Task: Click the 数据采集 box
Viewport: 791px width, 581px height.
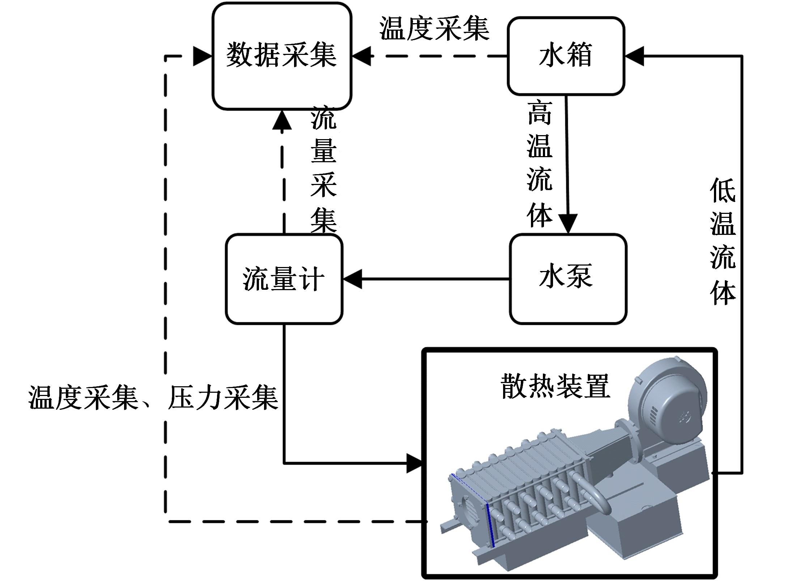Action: pyautogui.click(x=282, y=56)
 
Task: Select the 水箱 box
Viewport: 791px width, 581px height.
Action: pyautogui.click(x=566, y=56)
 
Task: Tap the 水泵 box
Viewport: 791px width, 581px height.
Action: pyautogui.click(x=568, y=279)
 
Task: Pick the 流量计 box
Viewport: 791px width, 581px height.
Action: pyautogui.click(x=284, y=279)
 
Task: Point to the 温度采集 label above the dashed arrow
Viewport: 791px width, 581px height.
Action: pyautogui.click(x=434, y=29)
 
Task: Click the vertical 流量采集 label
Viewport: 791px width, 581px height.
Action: pyautogui.click(x=324, y=169)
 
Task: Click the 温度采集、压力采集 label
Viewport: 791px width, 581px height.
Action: pyautogui.click(x=153, y=398)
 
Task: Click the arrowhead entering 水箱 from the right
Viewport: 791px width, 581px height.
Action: pyautogui.click(x=634, y=56)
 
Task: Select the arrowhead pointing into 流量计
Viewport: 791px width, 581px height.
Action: pyautogui.click(x=352, y=279)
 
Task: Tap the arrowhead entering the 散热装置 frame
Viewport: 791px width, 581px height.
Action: pyautogui.click(x=414, y=463)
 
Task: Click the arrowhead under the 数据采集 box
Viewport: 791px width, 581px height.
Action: pyautogui.click(x=282, y=120)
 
